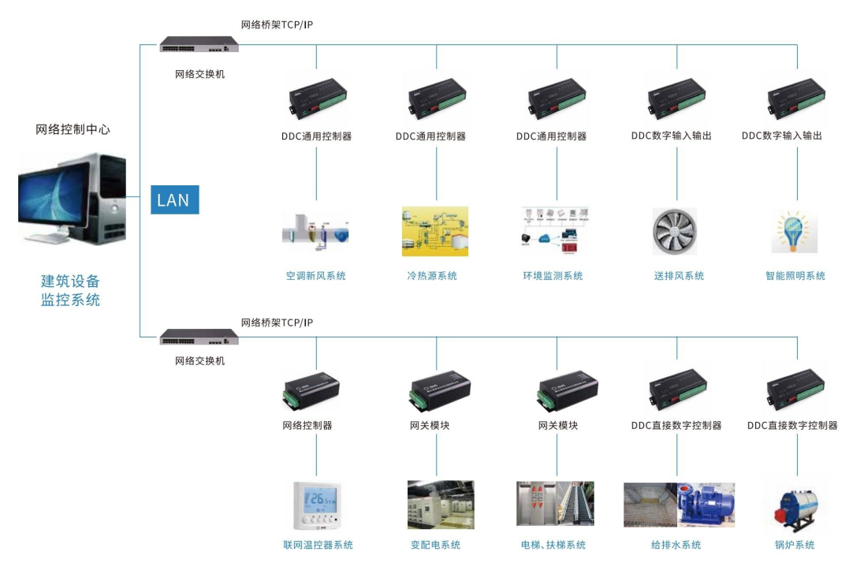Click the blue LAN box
[x=174, y=200]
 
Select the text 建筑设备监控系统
[x=71, y=290]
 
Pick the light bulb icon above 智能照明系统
[x=795, y=231]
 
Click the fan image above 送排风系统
[x=675, y=232]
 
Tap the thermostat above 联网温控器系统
[x=317, y=505]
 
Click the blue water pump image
[x=706, y=505]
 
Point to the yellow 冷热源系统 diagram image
[x=435, y=231]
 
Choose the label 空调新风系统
[x=316, y=276]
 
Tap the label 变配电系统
[x=435, y=545]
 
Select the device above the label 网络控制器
[x=311, y=390]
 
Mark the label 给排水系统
[x=676, y=545]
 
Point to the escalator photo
[x=575, y=504]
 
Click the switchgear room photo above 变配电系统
[x=441, y=505]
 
